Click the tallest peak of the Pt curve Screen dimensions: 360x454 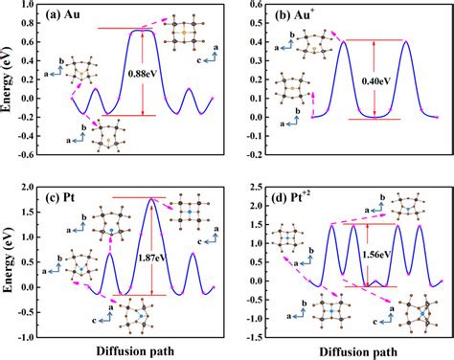(x=150, y=199)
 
